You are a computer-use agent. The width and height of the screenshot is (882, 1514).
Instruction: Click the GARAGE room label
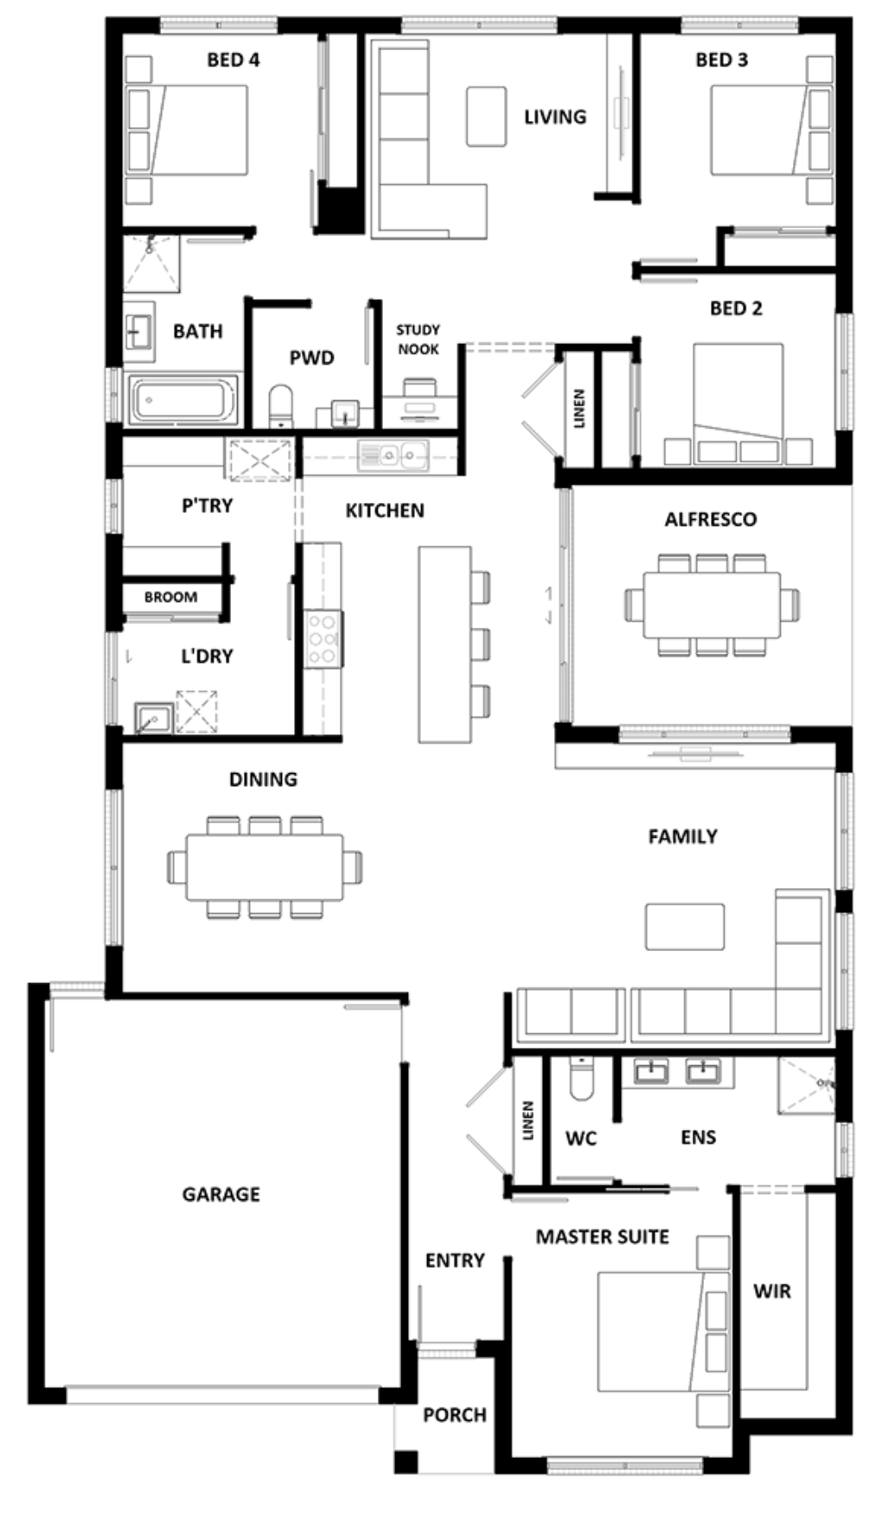pyautogui.click(x=220, y=1194)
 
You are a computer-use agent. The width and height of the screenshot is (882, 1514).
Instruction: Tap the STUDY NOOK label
pyautogui.click(x=418, y=339)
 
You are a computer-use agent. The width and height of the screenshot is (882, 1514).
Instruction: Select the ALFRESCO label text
pyautogui.click(x=710, y=520)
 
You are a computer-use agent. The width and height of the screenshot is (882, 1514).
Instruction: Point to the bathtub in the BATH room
pyautogui.click(x=183, y=399)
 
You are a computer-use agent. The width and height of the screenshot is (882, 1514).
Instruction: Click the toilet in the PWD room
pyautogui.click(x=281, y=406)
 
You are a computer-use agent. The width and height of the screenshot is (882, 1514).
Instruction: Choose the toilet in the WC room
pyautogui.click(x=581, y=1077)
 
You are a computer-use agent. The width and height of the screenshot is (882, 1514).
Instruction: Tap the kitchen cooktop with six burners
pyautogui.click(x=323, y=638)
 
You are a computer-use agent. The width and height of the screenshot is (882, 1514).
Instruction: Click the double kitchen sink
pyautogui.click(x=393, y=454)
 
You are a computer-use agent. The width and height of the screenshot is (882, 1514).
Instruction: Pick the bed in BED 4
pyautogui.click(x=187, y=130)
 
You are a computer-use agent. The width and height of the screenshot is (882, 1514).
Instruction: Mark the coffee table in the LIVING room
pyautogui.click(x=486, y=116)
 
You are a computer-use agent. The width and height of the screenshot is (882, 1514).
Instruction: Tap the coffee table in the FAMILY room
pyautogui.click(x=685, y=926)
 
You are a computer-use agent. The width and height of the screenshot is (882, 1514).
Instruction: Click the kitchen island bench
pyautogui.click(x=444, y=644)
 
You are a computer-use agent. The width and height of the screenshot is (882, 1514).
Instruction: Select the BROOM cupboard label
pyautogui.click(x=170, y=597)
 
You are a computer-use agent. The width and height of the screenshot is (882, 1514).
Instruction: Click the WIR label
pyautogui.click(x=771, y=1291)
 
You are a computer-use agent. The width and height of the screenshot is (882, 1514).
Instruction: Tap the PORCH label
pyautogui.click(x=454, y=1415)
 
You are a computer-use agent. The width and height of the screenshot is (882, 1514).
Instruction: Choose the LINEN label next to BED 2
pyautogui.click(x=578, y=408)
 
